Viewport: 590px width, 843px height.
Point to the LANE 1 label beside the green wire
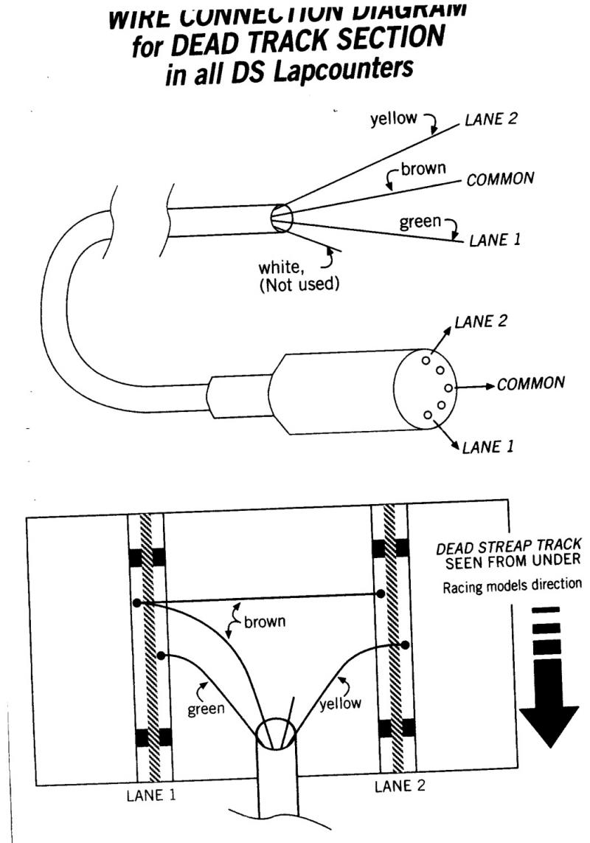495,241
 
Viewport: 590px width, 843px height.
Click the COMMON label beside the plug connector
531,384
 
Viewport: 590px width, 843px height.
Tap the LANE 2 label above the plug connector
481,323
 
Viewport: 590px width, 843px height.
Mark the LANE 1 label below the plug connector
487,447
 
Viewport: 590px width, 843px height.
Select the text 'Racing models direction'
511,588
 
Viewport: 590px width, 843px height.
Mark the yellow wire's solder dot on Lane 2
406,644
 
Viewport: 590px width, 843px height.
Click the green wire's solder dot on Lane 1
161,654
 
